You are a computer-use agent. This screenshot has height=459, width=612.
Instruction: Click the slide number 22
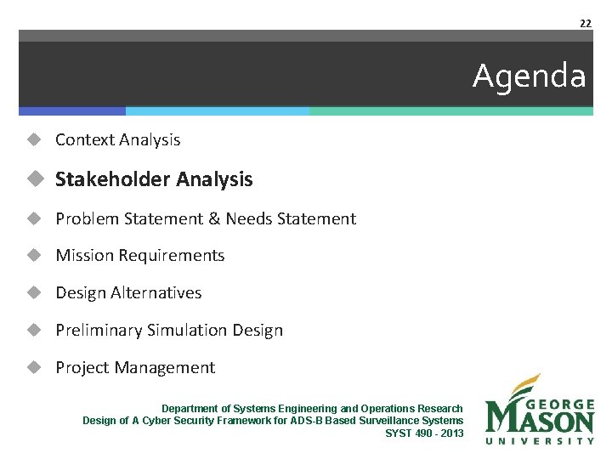click(585, 23)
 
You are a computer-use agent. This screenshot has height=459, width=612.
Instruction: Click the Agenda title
click(529, 76)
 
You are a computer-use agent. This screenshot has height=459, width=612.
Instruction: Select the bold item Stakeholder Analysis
click(154, 179)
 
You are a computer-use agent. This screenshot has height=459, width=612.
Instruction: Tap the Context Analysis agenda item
click(117, 139)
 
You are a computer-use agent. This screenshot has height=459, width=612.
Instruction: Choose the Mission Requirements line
click(139, 255)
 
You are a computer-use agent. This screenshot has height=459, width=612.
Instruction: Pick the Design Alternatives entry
click(128, 292)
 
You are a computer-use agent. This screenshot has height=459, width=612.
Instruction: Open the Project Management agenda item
click(135, 367)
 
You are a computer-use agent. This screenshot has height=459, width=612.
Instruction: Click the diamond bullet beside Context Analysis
click(34, 139)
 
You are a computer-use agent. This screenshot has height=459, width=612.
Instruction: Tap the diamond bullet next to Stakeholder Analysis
click(34, 179)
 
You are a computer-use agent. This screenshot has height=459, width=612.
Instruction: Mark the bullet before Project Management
click(34, 367)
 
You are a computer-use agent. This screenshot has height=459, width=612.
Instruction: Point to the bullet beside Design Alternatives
click(34, 292)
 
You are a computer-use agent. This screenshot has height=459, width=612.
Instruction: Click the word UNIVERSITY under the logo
click(539, 440)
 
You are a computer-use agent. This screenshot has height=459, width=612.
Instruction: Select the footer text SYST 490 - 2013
click(424, 433)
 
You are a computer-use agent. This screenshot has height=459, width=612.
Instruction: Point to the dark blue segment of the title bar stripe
click(72, 111)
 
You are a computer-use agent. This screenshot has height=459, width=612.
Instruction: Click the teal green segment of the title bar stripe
click(450, 111)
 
